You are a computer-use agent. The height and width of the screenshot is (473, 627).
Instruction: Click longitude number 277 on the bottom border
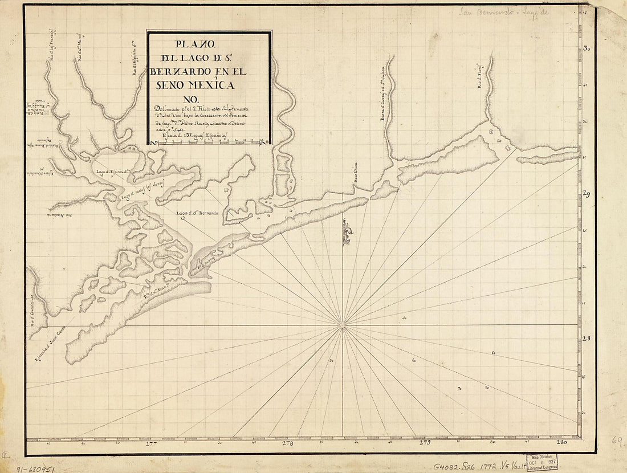point(152,443)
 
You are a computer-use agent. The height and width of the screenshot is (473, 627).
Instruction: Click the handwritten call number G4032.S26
point(453,464)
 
